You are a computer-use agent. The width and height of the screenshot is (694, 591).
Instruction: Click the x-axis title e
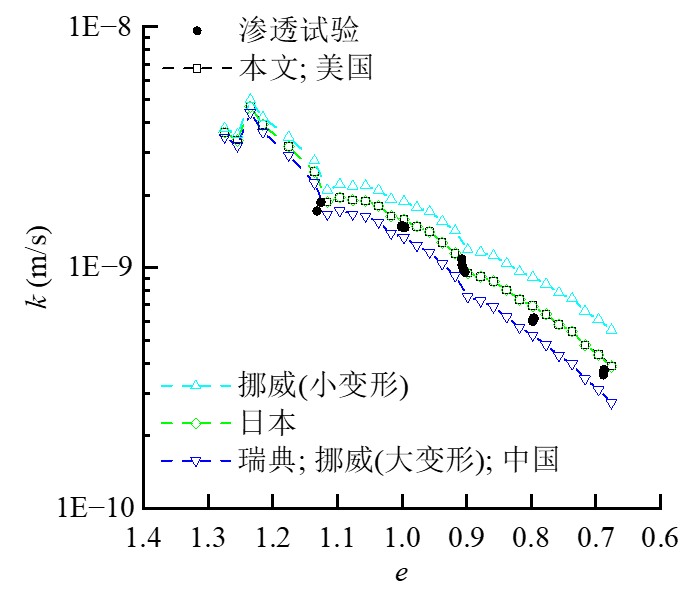402,573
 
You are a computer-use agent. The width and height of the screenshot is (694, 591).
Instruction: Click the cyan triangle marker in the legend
198,385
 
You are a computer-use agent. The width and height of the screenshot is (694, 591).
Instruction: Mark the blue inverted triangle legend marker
198,460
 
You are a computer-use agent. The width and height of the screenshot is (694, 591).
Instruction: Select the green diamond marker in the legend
198,422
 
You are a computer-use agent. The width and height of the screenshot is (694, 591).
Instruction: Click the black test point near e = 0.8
533,320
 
